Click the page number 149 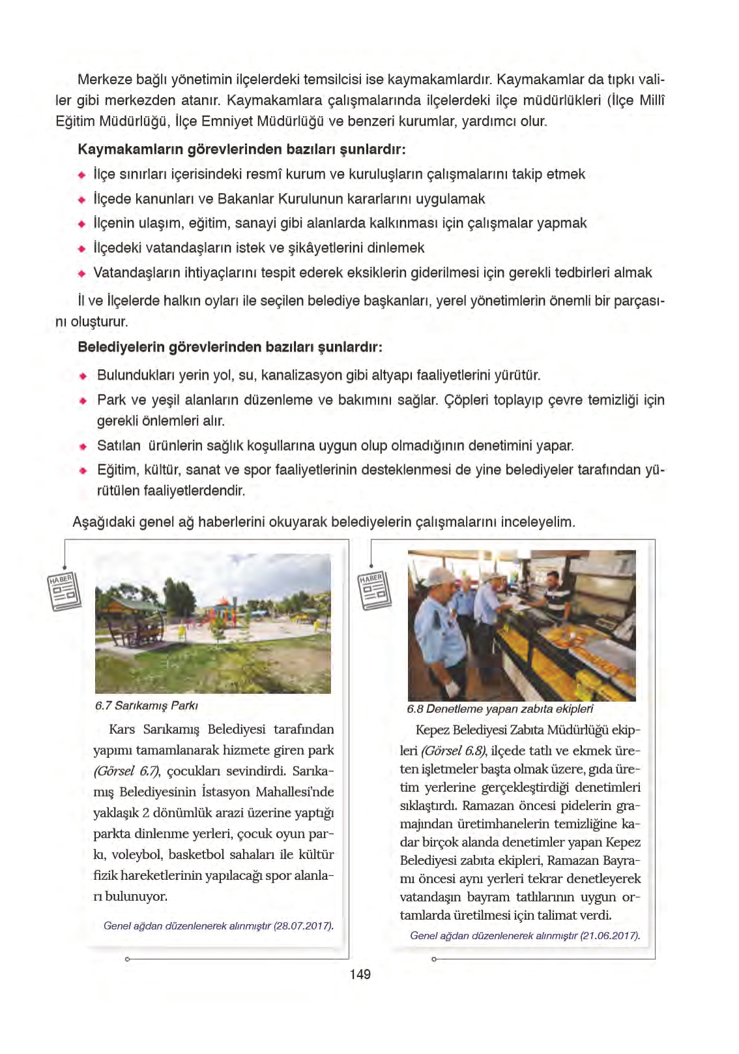tap(360, 974)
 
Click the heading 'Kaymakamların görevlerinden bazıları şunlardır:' tap(241, 149)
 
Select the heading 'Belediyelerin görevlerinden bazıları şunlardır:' tap(229, 347)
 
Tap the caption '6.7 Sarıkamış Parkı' tap(147, 706)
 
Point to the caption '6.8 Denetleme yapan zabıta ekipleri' tap(500, 709)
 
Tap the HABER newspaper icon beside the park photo tap(65, 591)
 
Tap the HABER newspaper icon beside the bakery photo tap(375, 590)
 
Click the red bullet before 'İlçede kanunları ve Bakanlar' tap(81, 200)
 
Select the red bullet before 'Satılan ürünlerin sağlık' tap(83, 447)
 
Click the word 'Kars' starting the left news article tap(122, 729)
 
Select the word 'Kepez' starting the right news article tap(432, 730)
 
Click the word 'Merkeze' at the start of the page tap(99, 80)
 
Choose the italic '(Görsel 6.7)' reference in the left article tap(126, 771)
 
